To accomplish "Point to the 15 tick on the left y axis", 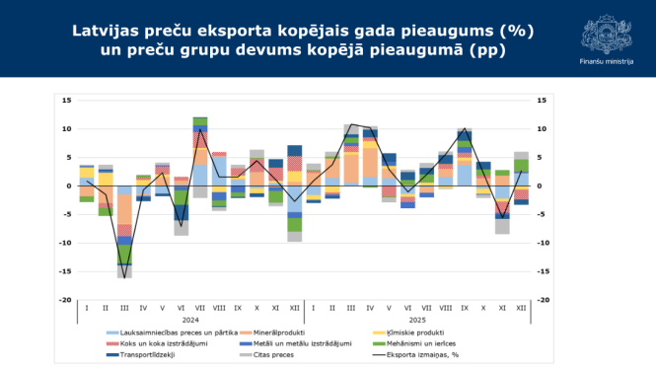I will (67, 101).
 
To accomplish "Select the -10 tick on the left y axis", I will (66, 243).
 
